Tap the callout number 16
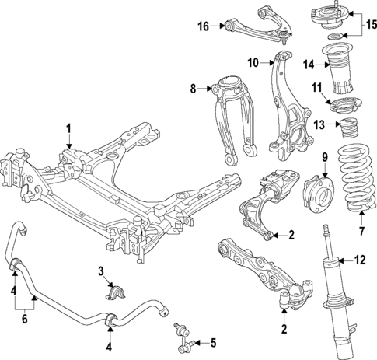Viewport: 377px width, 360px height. tap(203, 26)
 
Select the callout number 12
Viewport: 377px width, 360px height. tap(359, 260)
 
